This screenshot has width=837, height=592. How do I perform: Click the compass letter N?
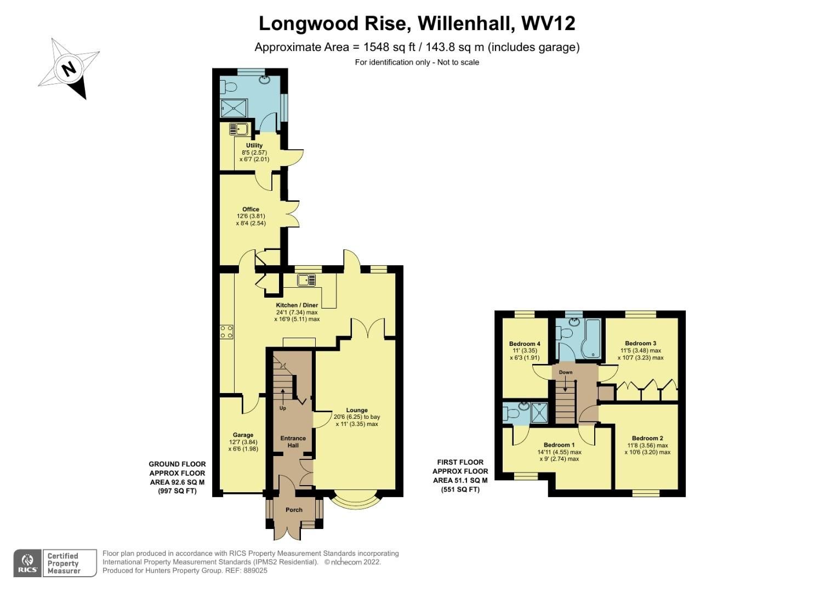pos(69,70)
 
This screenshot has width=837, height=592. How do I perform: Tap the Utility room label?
pos(254,146)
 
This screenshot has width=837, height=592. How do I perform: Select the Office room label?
pos(250,209)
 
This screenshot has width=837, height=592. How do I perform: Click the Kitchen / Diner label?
pos(297,305)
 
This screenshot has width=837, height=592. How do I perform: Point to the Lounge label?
pos(357,410)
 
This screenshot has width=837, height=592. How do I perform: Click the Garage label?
pos(243,435)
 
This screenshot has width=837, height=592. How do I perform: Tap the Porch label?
pos(294,510)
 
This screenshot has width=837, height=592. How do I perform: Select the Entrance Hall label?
pos(293,442)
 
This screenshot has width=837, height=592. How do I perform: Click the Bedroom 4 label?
pos(525,344)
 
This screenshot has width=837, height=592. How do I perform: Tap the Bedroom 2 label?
pos(647,439)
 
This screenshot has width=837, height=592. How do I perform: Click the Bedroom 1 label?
pos(559,445)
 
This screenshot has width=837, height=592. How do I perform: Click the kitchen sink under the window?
pos(306,281)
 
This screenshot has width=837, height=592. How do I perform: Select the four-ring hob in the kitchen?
pos(226,332)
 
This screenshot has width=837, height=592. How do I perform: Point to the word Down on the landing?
pos(566,373)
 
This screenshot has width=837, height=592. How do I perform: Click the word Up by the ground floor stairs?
pos(283,408)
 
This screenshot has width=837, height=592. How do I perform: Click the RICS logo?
pos(27,562)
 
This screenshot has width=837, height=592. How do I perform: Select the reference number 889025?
pos(254,571)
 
